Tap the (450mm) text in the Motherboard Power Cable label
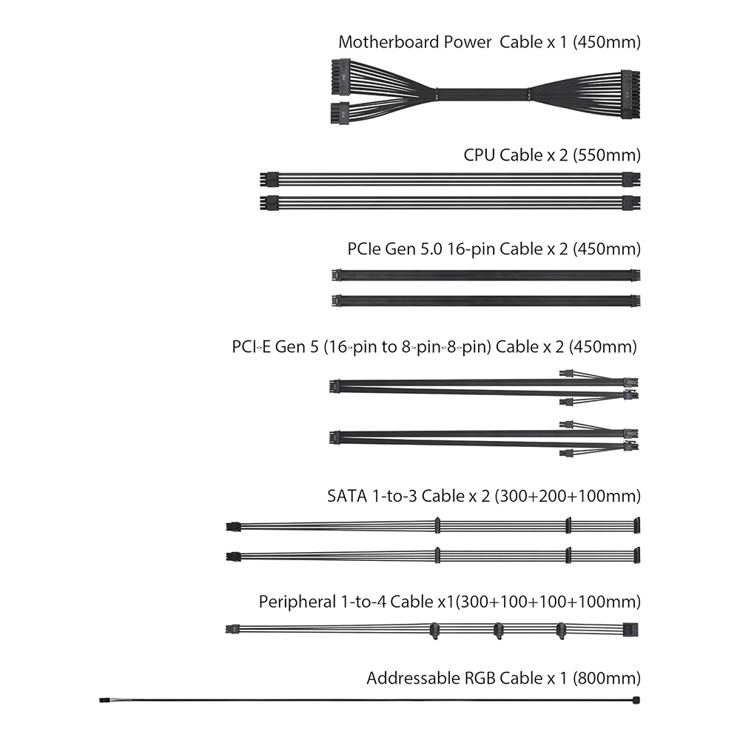coord(607,42)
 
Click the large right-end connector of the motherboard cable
coord(630,95)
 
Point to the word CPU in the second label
coord(479,155)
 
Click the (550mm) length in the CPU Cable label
coord(607,155)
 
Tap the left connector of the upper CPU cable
coord(269,180)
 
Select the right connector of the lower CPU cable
coord(631,203)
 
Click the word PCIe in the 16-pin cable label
coord(364,249)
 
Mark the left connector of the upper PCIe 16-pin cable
coord(337,275)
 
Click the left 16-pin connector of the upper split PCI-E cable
coord(334,386)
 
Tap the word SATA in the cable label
coord(347,496)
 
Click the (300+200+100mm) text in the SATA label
coord(568,496)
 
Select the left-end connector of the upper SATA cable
coord(233,527)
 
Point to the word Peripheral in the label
coord(297,602)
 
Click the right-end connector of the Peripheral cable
coord(630,630)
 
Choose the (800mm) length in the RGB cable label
coord(607,678)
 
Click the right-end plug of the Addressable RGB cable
coord(636,700)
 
